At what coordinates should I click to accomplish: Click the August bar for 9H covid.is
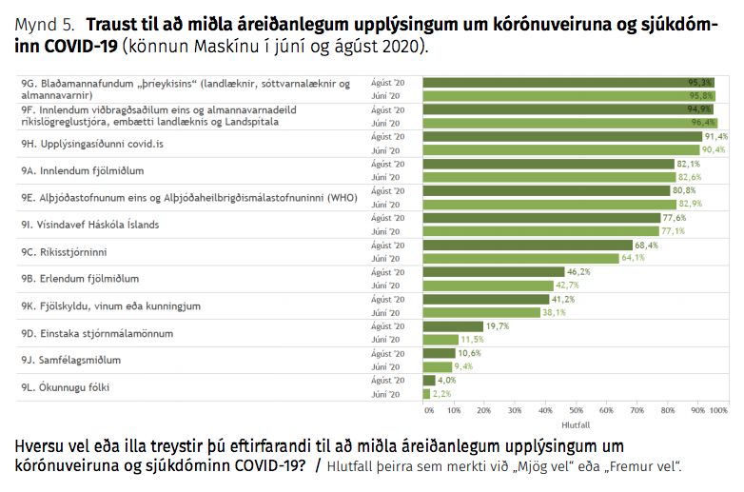(x=561, y=137)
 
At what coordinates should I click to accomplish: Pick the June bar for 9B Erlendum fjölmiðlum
(x=488, y=285)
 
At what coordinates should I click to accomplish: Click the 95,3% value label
(x=701, y=83)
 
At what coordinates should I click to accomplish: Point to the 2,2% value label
(x=441, y=393)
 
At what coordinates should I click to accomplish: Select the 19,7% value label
(x=498, y=325)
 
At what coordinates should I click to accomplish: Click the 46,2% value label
(x=579, y=271)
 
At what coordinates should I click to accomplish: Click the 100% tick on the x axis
(x=718, y=410)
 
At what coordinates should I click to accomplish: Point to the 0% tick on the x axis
(x=429, y=410)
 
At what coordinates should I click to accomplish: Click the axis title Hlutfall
(x=577, y=423)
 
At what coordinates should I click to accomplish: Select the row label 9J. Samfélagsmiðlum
(x=71, y=360)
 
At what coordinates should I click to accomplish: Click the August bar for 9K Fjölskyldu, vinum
(x=485, y=298)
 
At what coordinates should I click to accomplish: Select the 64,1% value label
(x=634, y=257)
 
